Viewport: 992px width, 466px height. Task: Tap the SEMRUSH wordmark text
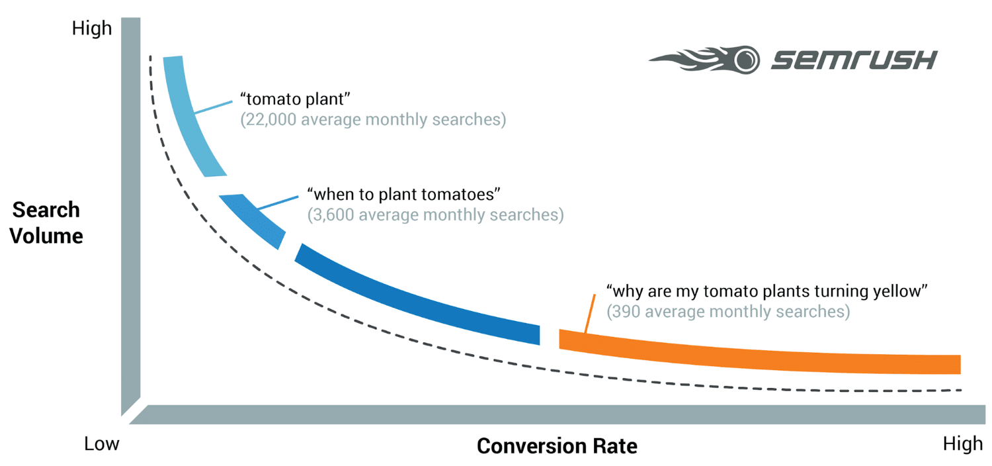click(x=854, y=60)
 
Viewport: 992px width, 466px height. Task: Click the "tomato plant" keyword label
click(x=295, y=100)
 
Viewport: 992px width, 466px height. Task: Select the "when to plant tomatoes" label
click(x=403, y=195)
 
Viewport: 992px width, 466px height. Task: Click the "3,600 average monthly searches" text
click(x=435, y=215)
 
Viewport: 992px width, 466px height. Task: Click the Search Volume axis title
click(x=47, y=223)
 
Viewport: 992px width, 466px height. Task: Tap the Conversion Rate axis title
click(x=557, y=446)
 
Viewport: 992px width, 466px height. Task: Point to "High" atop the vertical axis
click(x=92, y=28)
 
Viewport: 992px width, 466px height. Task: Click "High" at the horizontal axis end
click(x=963, y=444)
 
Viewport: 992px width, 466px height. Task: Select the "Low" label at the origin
click(x=102, y=443)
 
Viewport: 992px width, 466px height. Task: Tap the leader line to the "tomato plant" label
click(x=214, y=108)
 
